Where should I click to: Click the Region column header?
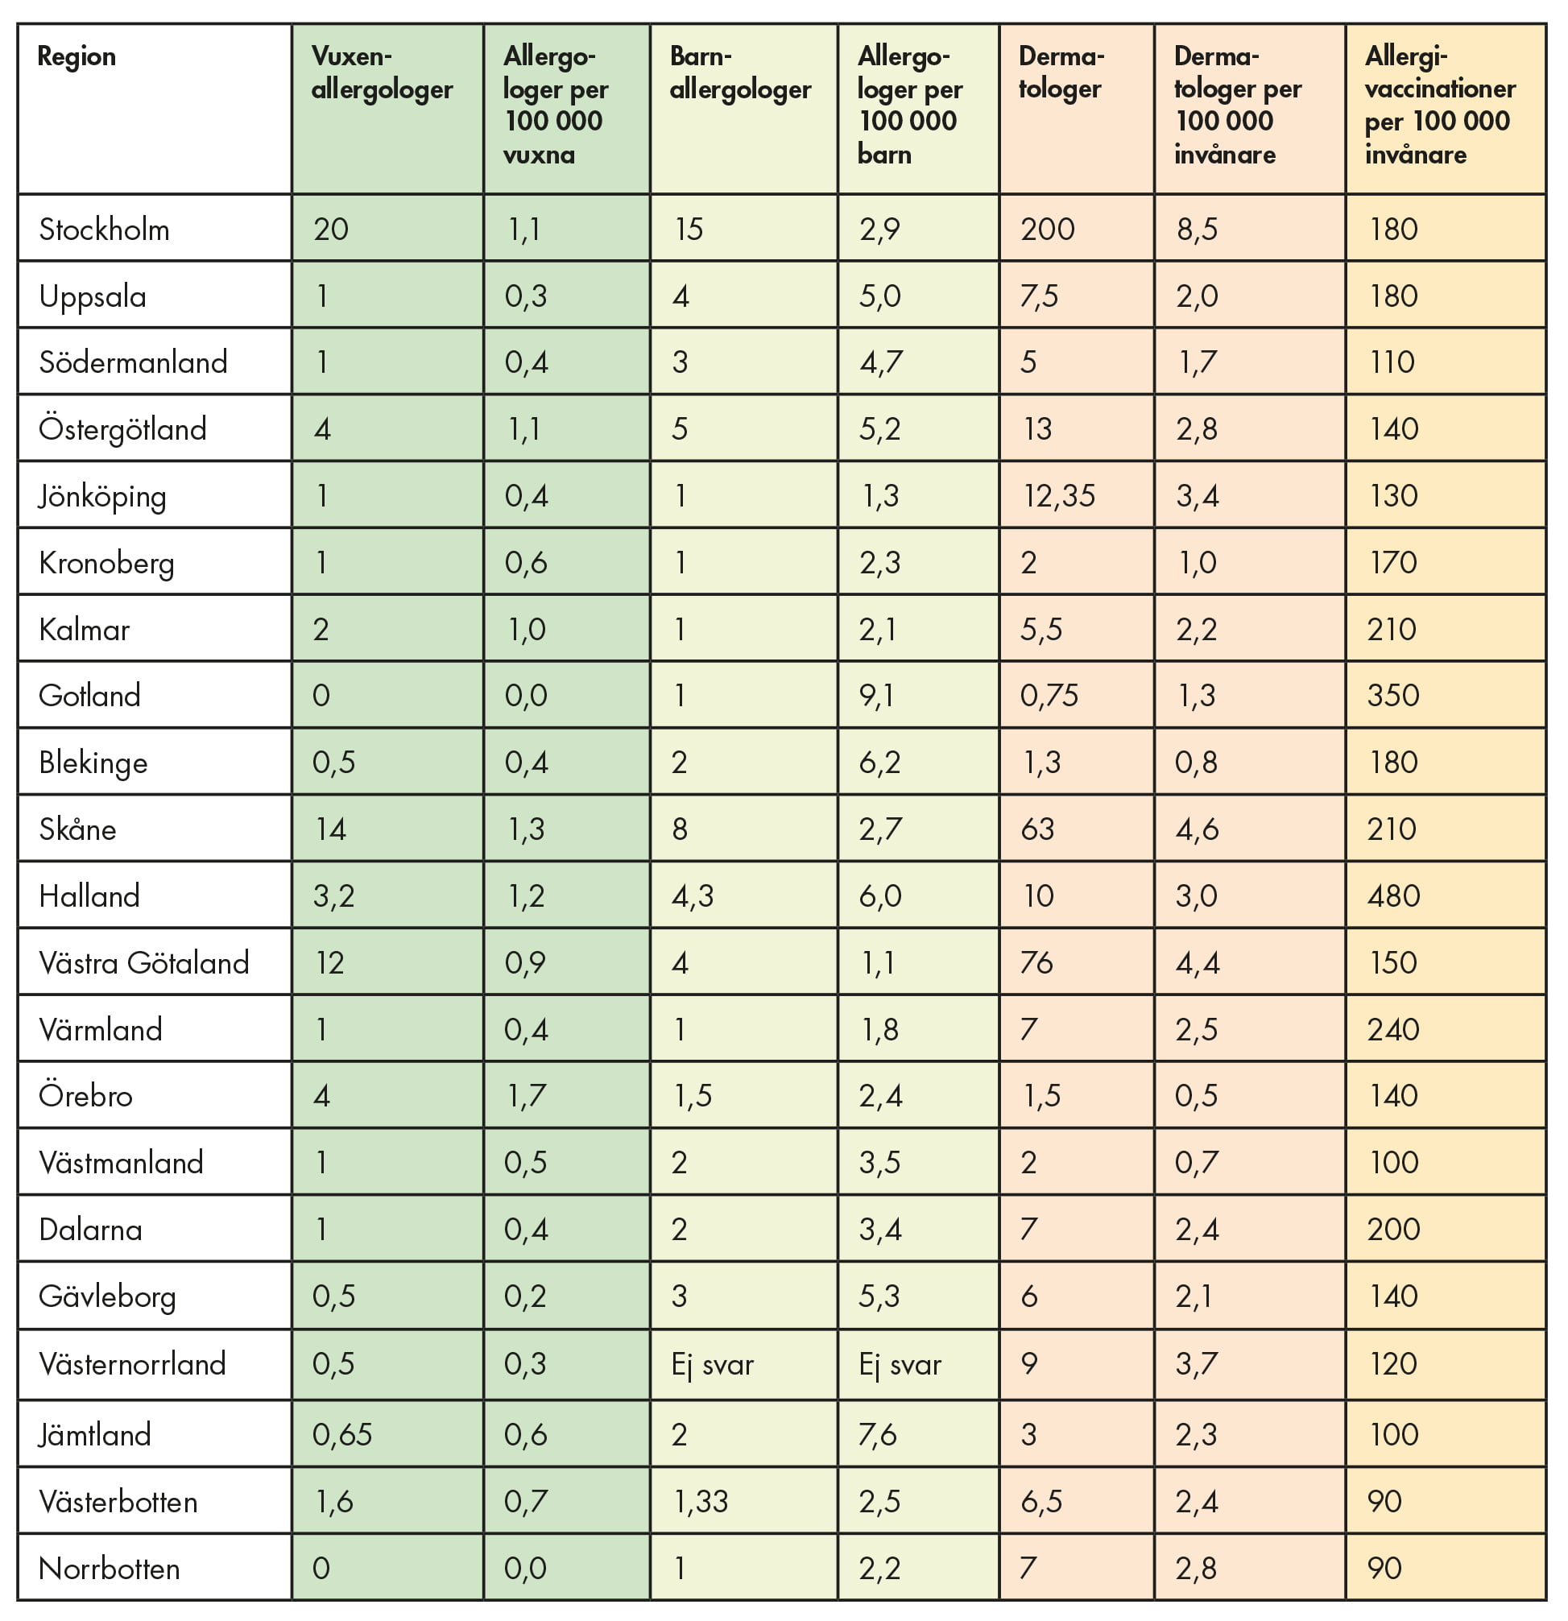tap(77, 56)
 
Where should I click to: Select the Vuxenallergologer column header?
tap(381, 72)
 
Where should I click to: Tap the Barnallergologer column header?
tap(739, 72)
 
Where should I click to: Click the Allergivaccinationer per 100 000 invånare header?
tap(1439, 105)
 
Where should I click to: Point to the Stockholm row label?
tap(104, 229)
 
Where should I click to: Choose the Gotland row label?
tap(89, 695)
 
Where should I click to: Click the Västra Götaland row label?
tap(144, 962)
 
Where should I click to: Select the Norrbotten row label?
tap(110, 1568)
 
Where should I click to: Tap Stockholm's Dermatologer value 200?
tap(1047, 229)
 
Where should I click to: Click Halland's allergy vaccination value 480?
tap(1393, 895)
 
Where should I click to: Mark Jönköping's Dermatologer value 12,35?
tap(1058, 495)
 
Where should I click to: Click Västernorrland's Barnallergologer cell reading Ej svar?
tap(712, 1364)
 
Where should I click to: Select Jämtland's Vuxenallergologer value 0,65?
tap(341, 1434)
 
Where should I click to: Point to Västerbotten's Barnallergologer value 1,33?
tap(701, 1501)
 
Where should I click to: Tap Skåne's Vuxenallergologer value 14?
tap(330, 829)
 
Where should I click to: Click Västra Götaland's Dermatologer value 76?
tap(1036, 962)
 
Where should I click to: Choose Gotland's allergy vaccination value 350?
tap(1392, 695)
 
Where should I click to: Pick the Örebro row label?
tap(86, 1096)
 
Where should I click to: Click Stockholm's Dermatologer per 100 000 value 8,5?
tap(1197, 229)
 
